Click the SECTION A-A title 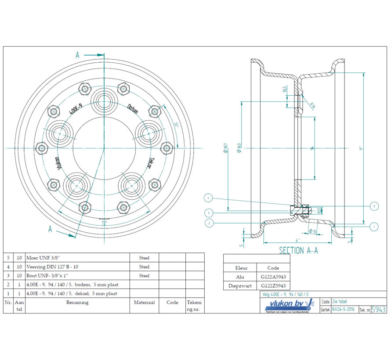pyautogui.click(x=298, y=250)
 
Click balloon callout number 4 pyautogui.click(x=208, y=198)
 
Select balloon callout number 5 pyautogui.click(x=374, y=205)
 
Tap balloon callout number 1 pyautogui.click(x=374, y=227)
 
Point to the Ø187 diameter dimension pyautogui.click(x=225, y=148)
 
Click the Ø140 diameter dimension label pyautogui.click(x=239, y=148)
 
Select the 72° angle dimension pyautogui.click(x=104, y=223)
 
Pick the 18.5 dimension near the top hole pyautogui.click(x=285, y=90)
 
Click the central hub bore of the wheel pyautogui.click(x=104, y=148)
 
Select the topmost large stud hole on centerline pyautogui.click(x=104, y=99)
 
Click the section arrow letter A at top pyautogui.click(x=78, y=55)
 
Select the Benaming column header pyautogui.click(x=77, y=302)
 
